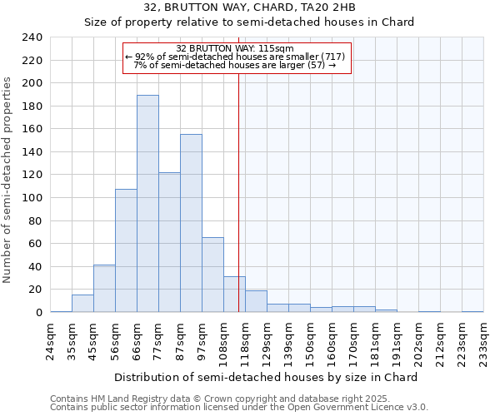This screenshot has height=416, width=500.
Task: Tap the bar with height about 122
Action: (169, 242)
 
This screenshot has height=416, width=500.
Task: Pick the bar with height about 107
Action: (126, 250)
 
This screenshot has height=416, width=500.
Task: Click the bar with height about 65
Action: (212, 275)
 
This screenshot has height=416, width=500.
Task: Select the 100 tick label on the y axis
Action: (31, 198)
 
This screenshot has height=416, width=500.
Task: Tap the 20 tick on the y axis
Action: (34, 290)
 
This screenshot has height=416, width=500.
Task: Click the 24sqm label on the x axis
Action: (50, 340)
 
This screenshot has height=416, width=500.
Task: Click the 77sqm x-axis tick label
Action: (158, 340)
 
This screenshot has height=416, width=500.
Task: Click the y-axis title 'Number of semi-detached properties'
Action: (8, 180)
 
